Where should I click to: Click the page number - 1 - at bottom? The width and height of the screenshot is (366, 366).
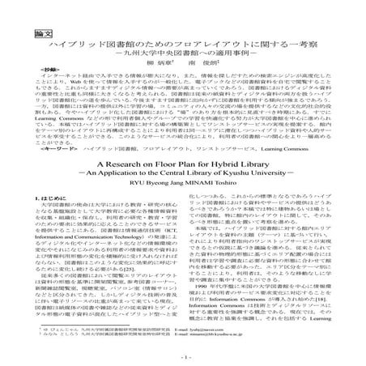click(x=183, y=356)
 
